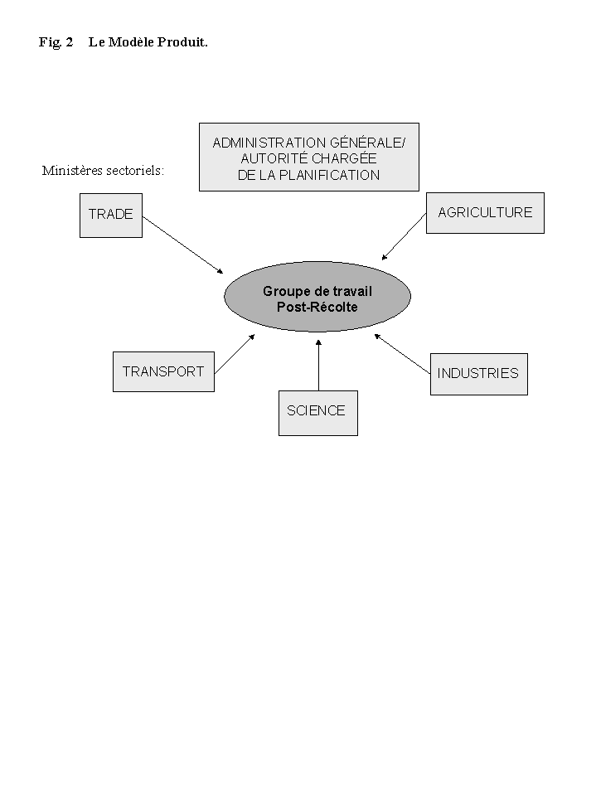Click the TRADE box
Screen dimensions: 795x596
click(111, 215)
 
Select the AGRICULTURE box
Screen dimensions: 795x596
click(485, 213)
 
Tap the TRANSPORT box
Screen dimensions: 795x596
click(163, 371)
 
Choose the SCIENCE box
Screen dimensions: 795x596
click(317, 412)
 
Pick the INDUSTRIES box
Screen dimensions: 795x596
click(478, 373)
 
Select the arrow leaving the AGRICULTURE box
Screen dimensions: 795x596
click(404, 239)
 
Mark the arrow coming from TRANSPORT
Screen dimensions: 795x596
click(234, 354)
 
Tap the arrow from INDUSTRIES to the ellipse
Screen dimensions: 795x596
click(402, 351)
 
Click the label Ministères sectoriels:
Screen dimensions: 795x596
click(103, 171)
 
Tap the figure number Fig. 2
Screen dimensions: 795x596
click(56, 41)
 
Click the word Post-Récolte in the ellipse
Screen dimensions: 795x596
click(317, 307)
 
